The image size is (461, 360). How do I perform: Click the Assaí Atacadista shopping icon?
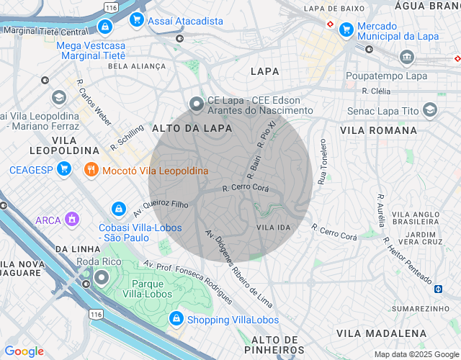(136, 21)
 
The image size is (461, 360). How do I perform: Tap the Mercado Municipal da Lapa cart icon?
(346, 30)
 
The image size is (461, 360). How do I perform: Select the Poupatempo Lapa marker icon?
(408, 57)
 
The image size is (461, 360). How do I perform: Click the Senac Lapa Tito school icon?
(430, 109)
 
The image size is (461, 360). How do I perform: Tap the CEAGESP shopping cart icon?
(63, 170)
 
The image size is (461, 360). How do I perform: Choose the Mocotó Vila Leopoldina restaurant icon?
(91, 171)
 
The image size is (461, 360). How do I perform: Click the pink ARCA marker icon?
(71, 219)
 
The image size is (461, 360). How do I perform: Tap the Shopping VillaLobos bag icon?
(176, 319)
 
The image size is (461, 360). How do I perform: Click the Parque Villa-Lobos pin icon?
(102, 277)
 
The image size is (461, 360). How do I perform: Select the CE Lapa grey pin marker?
(197, 105)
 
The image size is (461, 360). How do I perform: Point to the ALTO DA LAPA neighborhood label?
(192, 128)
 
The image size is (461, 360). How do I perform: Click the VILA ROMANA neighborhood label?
(378, 130)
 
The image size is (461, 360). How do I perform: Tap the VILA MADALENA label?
(382, 333)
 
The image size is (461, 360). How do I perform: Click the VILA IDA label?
(273, 228)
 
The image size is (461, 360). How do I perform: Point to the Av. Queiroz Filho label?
(160, 208)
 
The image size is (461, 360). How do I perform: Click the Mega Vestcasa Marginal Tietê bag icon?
(106, 27)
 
